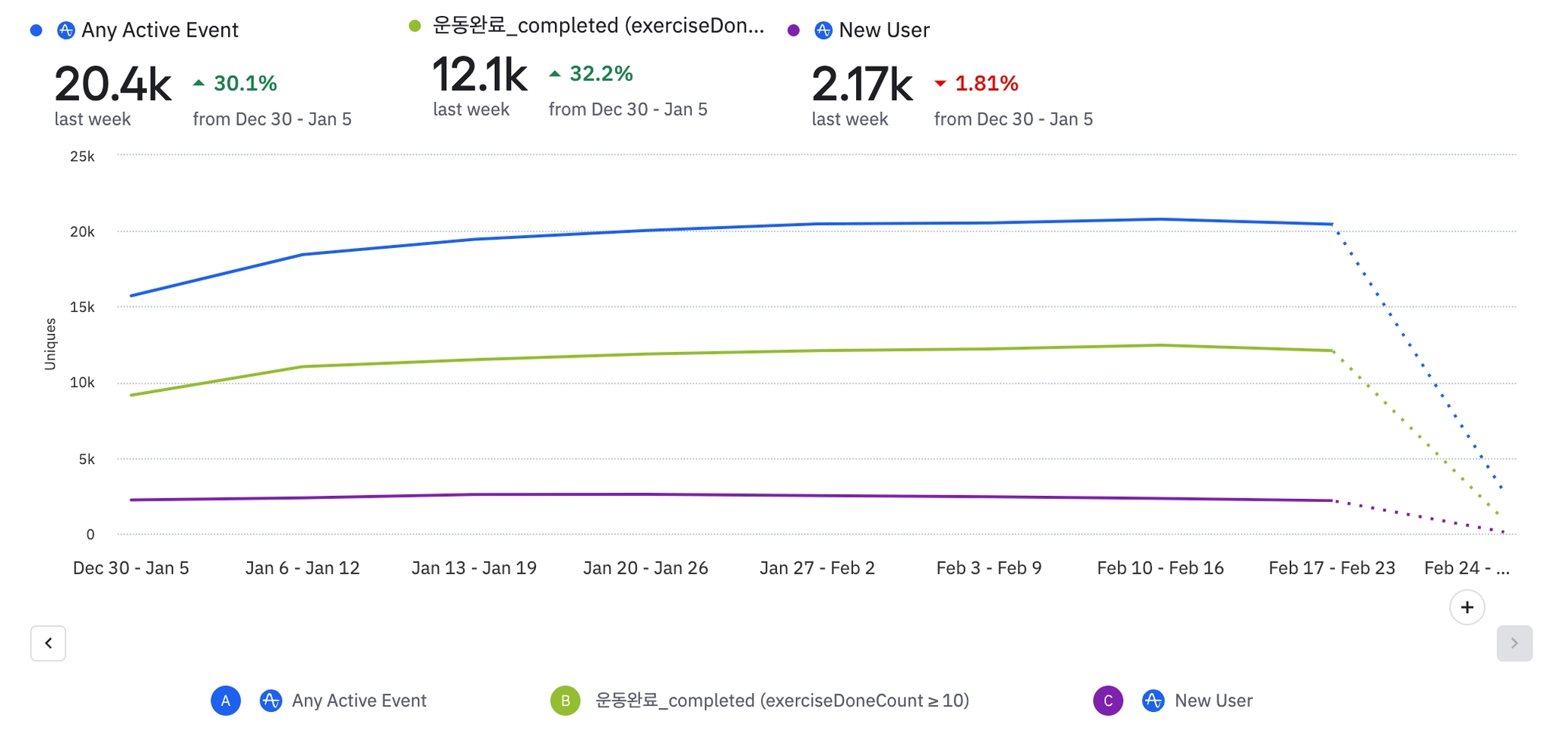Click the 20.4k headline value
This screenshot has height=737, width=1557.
[113, 84]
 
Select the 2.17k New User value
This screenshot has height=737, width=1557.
[862, 84]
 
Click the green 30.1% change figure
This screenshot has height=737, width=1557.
[245, 83]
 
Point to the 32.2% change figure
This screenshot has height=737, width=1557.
[601, 74]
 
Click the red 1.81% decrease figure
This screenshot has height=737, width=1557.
[986, 83]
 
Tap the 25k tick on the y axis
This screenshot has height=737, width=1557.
[82, 157]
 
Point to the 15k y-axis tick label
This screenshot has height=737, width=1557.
[82, 307]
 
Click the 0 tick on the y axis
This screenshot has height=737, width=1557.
[90, 535]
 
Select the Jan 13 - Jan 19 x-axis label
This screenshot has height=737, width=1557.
[474, 568]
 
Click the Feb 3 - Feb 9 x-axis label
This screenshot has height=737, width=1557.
[988, 568]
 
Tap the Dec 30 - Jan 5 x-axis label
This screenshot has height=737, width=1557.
[131, 568]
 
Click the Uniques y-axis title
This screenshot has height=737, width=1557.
[50, 344]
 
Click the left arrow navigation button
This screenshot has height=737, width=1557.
[48, 643]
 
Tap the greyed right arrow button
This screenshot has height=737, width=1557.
[1514, 643]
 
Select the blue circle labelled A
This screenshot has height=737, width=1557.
[226, 700]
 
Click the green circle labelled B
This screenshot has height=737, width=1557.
[565, 700]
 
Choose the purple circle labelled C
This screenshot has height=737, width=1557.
[1108, 700]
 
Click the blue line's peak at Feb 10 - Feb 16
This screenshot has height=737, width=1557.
[1160, 220]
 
